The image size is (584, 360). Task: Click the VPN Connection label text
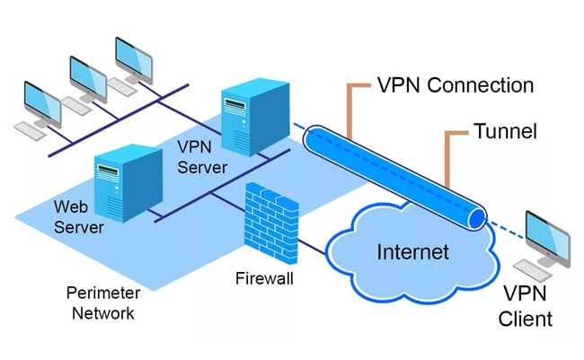[456, 85]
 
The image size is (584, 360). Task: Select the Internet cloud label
[412, 251]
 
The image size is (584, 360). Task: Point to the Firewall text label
[263, 279]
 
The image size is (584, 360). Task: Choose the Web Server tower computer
[121, 179]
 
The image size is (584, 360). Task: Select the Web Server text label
[78, 216]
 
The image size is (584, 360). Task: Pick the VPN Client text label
[527, 306]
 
